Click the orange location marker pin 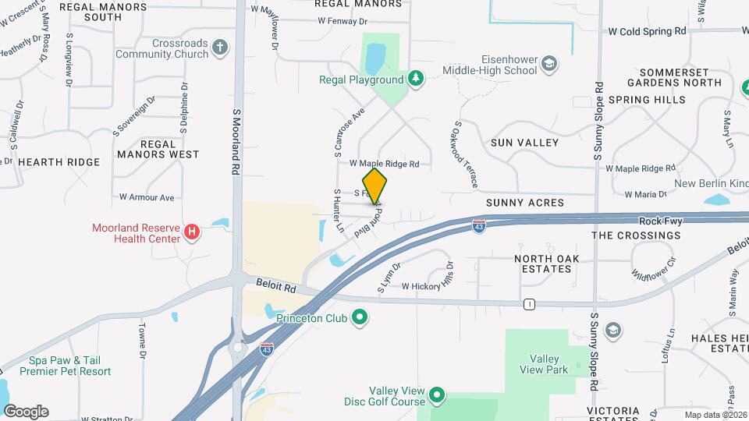coord(375,186)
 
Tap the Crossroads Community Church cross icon coord(221,47)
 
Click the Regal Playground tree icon coord(417,79)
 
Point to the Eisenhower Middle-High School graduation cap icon coord(549,64)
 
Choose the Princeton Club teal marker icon coord(360,317)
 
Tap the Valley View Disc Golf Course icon coord(437,396)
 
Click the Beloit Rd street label coord(279,288)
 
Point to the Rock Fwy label coord(660,221)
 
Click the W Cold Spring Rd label coord(647,32)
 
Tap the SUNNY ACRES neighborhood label coord(524,203)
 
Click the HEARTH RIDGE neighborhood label coord(59,162)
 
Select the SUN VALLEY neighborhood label coord(524,143)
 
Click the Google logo coord(26,412)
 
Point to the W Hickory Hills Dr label coord(427,286)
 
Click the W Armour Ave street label coord(147,197)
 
